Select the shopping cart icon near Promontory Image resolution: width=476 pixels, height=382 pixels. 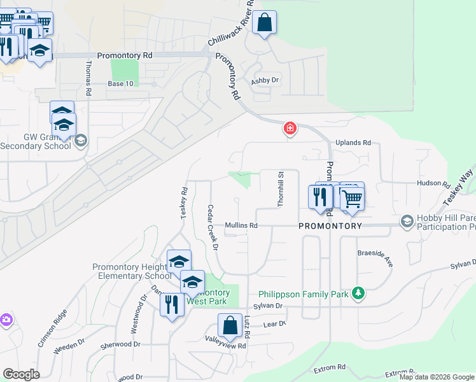[x=351, y=198]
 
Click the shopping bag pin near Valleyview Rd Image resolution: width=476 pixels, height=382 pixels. [x=230, y=327]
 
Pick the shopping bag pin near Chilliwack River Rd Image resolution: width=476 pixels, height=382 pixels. [x=265, y=24]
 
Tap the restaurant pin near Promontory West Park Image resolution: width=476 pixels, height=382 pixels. [x=171, y=305]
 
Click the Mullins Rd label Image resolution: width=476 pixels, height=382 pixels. [x=241, y=225]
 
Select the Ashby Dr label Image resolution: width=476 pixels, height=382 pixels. [x=265, y=80]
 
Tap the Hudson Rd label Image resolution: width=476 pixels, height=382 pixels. [x=433, y=183]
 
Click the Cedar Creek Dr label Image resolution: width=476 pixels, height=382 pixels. [x=213, y=227]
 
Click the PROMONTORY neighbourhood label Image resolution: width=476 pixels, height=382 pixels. [x=330, y=226]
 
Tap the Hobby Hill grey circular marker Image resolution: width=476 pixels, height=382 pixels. [x=407, y=222]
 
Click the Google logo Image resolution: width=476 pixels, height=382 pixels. [x=21, y=374]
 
